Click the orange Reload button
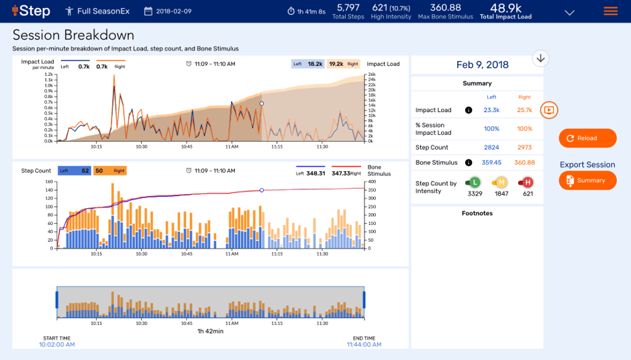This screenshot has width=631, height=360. tap(587, 138)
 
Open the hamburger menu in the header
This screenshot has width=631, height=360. tap(610, 11)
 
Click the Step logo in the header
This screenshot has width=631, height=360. tap(31, 11)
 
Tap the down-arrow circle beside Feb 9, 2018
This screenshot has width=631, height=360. tap(540, 58)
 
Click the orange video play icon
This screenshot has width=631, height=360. tap(549, 109)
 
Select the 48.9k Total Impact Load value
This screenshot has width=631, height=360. tap(505, 8)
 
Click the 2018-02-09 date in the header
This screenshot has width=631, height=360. tap(173, 11)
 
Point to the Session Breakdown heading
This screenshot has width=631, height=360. tap(73, 36)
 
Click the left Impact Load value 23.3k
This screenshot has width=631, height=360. tap(491, 110)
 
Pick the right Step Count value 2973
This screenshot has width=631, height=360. tap(524, 147)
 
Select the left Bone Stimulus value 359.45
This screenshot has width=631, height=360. tap(491, 163)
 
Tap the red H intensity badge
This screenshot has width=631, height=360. tap(528, 182)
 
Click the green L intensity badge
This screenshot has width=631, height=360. tap(474, 182)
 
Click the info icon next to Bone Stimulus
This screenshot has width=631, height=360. tap(469, 163)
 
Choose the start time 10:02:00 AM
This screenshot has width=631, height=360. tap(56, 345)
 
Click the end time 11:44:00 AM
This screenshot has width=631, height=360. tap(364, 345)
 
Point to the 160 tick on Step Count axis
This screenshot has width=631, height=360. tap(47, 181)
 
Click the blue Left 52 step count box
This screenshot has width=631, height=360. tap(74, 171)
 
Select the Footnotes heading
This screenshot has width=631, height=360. tap(477, 214)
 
